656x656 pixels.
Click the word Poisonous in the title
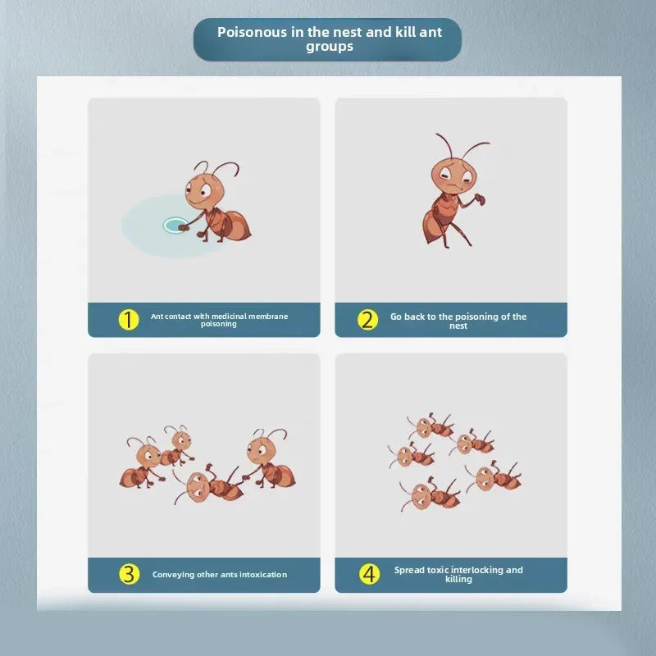pyautogui.click(x=252, y=32)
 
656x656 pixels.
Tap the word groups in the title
pyautogui.click(x=330, y=47)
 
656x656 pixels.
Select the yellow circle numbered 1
pyautogui.click(x=129, y=320)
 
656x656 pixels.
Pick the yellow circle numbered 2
pyautogui.click(x=367, y=320)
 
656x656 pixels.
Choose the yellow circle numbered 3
pyautogui.click(x=129, y=574)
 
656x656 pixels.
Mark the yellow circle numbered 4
pyautogui.click(x=370, y=574)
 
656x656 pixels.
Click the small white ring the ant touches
pyautogui.click(x=175, y=225)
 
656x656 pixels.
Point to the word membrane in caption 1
pyautogui.click(x=268, y=317)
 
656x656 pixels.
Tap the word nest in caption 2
pyautogui.click(x=458, y=326)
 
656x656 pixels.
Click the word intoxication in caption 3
pyautogui.click(x=263, y=575)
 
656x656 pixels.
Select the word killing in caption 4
pyautogui.click(x=458, y=580)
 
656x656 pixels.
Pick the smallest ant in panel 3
pyautogui.click(x=177, y=446)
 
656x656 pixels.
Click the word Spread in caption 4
pyautogui.click(x=408, y=570)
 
